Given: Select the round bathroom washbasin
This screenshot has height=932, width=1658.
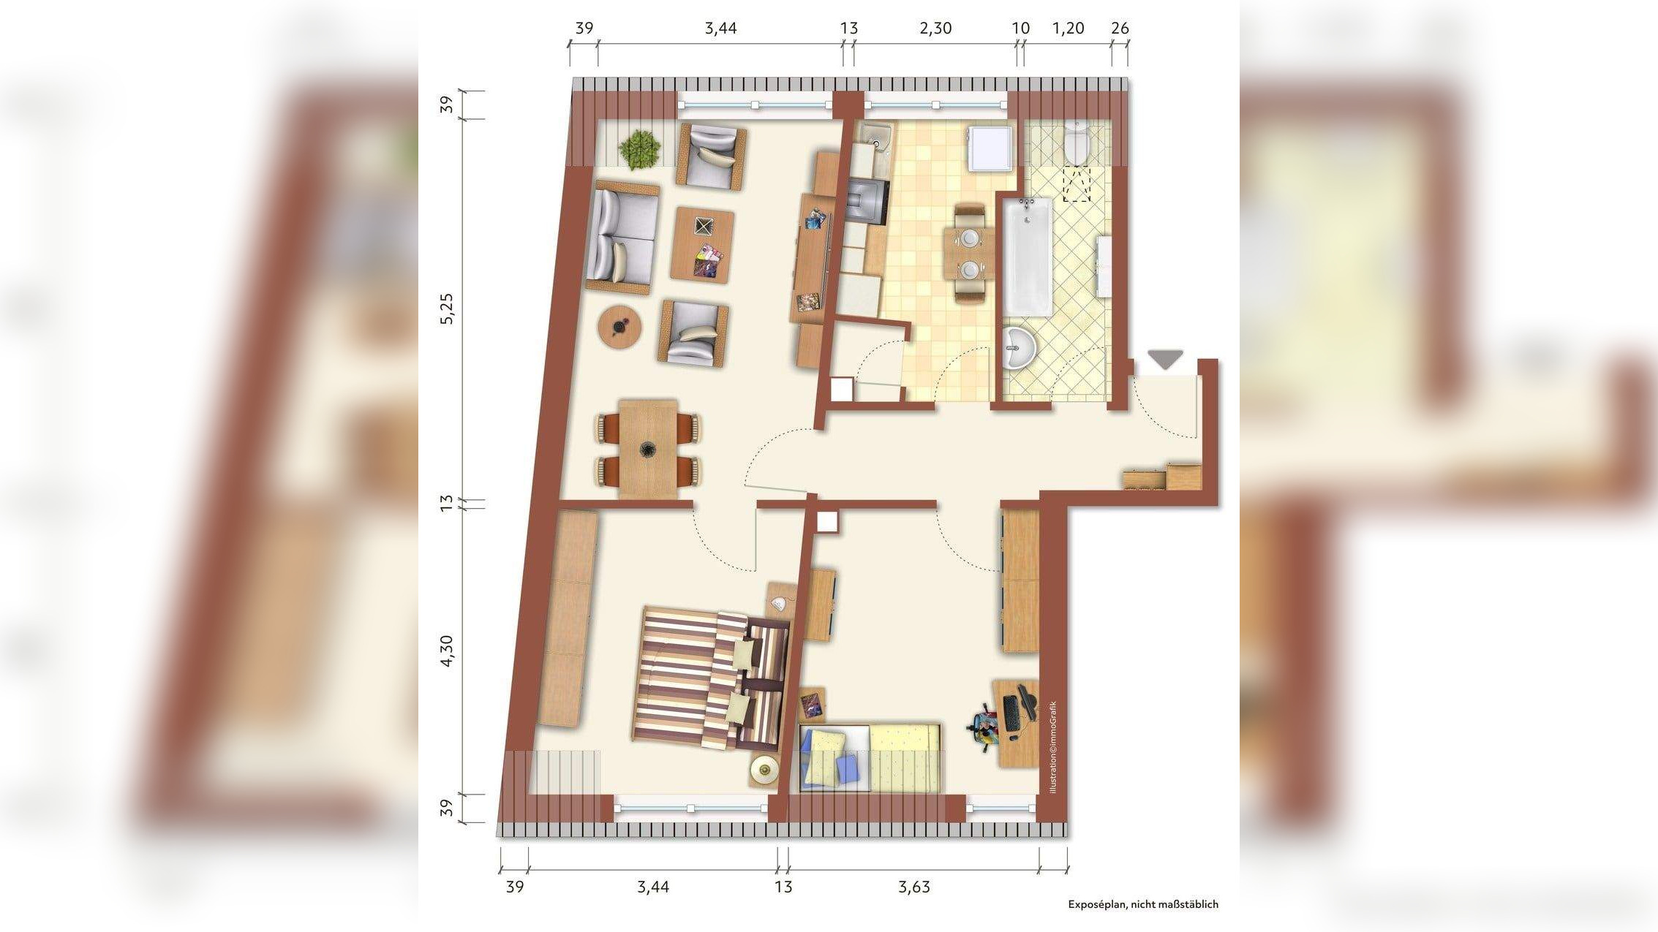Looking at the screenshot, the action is [1019, 349].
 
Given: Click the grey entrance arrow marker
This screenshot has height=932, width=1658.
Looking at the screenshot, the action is [1164, 359].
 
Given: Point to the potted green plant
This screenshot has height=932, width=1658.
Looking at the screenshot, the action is [640, 150].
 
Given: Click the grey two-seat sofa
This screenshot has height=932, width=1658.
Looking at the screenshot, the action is [622, 238].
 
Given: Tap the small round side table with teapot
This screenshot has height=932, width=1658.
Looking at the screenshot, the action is [619, 327].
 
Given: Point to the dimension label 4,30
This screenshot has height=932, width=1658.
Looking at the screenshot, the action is [448, 651].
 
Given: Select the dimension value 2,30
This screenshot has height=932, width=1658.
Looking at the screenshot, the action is [935, 29].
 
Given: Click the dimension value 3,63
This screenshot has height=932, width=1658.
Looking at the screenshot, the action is [914, 887].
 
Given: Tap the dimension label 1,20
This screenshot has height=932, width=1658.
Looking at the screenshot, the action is [1068, 29].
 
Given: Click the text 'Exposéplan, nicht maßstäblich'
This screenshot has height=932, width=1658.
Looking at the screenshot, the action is [1143, 904].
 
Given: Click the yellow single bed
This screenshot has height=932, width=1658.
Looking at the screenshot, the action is [870, 768].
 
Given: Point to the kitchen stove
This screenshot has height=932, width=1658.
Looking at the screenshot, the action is [868, 200].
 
